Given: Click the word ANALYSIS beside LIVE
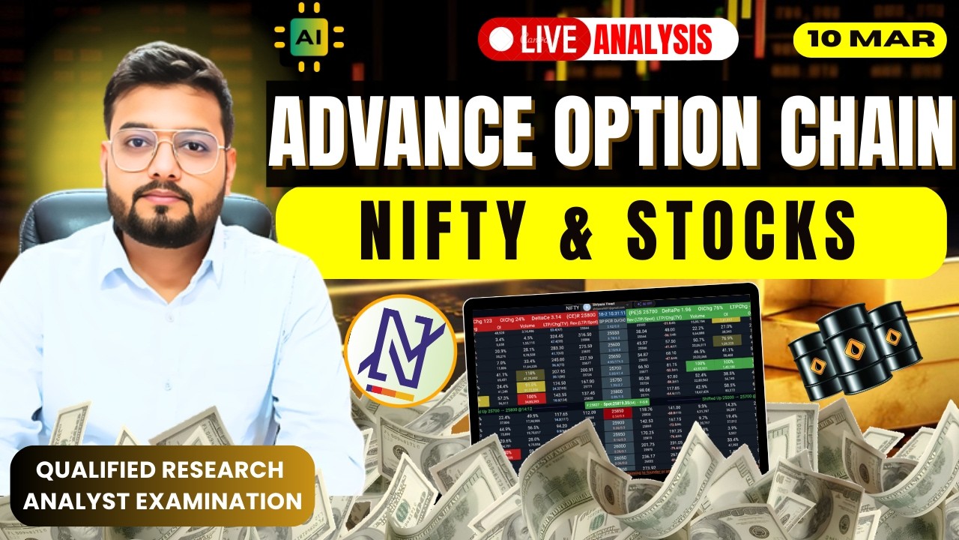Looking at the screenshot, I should [x=653, y=39].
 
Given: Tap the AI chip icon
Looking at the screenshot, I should [x=309, y=36].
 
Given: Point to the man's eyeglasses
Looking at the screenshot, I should [x=169, y=149].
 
